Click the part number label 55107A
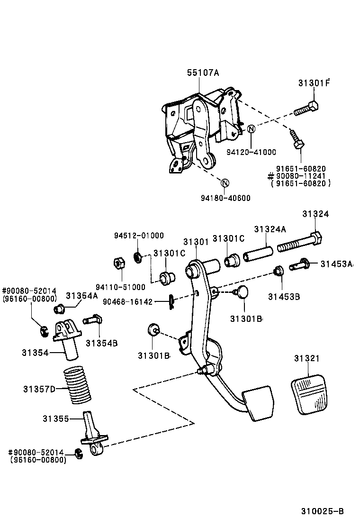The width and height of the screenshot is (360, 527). pyautogui.click(x=203, y=73)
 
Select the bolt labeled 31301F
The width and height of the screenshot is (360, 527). pyautogui.click(x=307, y=109)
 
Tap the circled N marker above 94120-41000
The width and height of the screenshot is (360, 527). pyautogui.click(x=251, y=129)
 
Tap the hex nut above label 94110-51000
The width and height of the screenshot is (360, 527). pyautogui.click(x=120, y=263)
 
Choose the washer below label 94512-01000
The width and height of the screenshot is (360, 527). pyautogui.click(x=138, y=257)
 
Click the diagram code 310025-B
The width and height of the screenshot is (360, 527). pyautogui.click(x=322, y=511)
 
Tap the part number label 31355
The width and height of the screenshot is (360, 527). pyautogui.click(x=56, y=419)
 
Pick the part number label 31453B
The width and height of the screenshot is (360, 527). pyautogui.click(x=284, y=297)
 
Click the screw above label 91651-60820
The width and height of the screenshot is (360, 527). pyautogui.click(x=297, y=139)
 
